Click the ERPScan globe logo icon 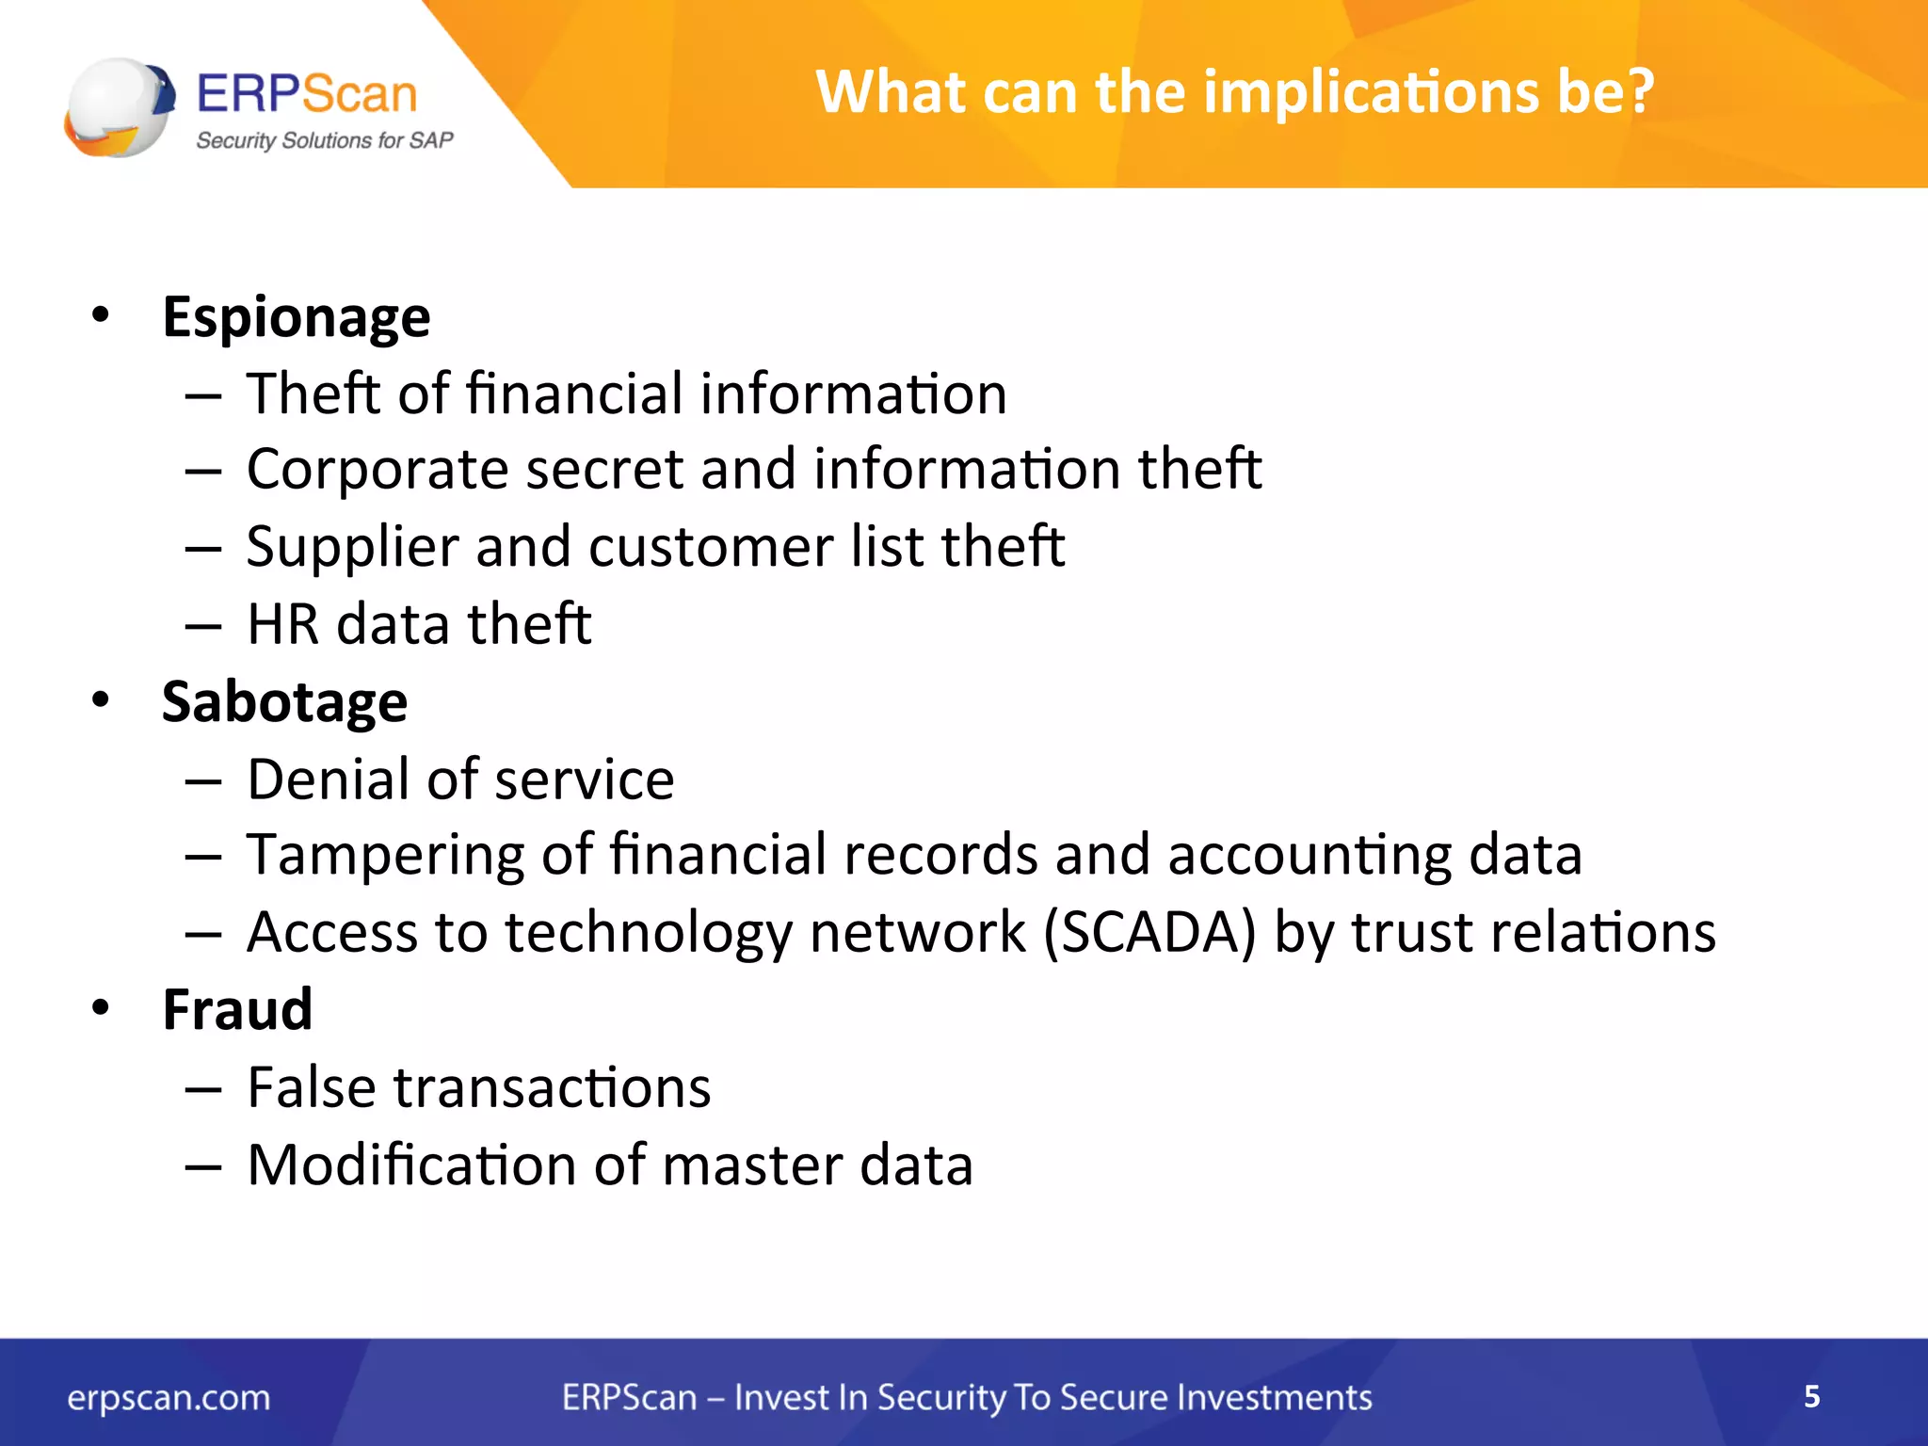pos(120,106)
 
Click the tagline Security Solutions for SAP pos(324,140)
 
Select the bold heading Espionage pos(296,317)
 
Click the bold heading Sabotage pos(284,702)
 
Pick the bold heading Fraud pos(237,1010)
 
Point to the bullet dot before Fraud pos(101,1008)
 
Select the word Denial pos(326,779)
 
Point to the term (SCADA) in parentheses pos(1149,933)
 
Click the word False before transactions pos(312,1088)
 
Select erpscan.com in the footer pos(169,1398)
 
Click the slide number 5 pos(1811,1396)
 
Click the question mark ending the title pos(1635,92)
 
